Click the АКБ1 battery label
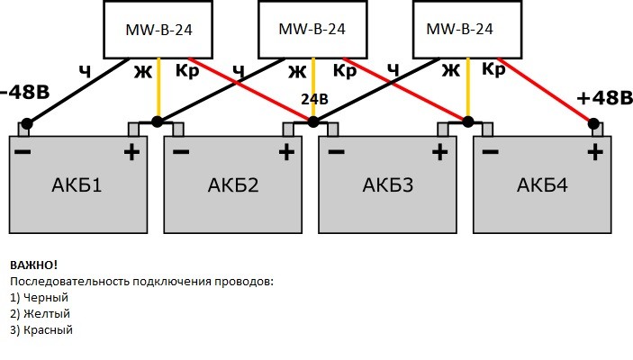tap(77, 186)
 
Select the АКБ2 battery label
tap(232, 186)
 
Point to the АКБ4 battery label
tap(543, 186)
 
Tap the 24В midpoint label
tap(312, 100)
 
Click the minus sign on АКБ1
tap(23, 152)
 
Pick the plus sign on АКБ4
tap(594, 152)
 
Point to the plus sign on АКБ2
tap(286, 152)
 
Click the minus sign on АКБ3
tap(336, 152)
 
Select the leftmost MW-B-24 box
tap(158, 30)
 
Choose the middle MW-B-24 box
tap(312, 30)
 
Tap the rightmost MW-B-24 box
tap(466, 30)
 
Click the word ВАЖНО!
tap(34, 265)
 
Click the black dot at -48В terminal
tap(27, 123)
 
